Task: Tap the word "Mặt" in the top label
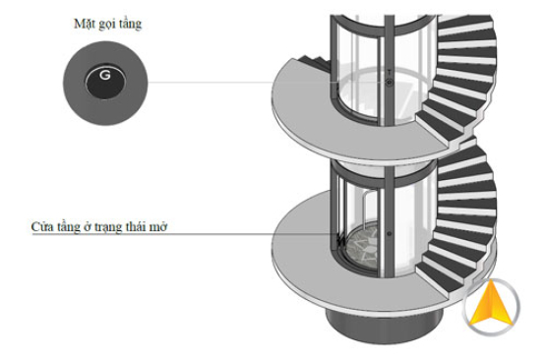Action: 85,23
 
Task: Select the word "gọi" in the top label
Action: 108,23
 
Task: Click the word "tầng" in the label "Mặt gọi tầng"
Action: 131,23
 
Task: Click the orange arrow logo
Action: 492,307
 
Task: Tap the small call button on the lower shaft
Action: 389,234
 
